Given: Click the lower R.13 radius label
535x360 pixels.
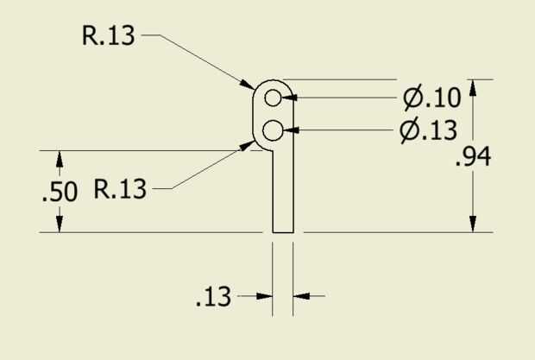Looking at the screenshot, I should pos(120,188).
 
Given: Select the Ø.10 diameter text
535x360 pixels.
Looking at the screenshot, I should pos(431,98).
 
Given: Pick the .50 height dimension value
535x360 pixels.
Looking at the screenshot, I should pos(60,192).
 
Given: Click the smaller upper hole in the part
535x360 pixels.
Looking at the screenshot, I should pos(274,96).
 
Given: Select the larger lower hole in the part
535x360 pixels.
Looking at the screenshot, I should pos(274,131).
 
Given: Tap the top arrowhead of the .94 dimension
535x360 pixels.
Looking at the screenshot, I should pos(472,87).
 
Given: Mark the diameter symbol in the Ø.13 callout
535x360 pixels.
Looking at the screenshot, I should pos(412,131).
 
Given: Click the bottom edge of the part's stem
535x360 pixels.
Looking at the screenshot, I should pos(283,232).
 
